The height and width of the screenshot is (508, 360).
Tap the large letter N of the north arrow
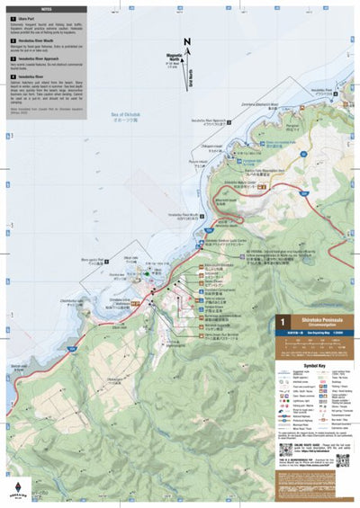pos(186,42)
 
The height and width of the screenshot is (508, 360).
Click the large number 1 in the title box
pos(283,322)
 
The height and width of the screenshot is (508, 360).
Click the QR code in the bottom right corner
pos(343,460)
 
